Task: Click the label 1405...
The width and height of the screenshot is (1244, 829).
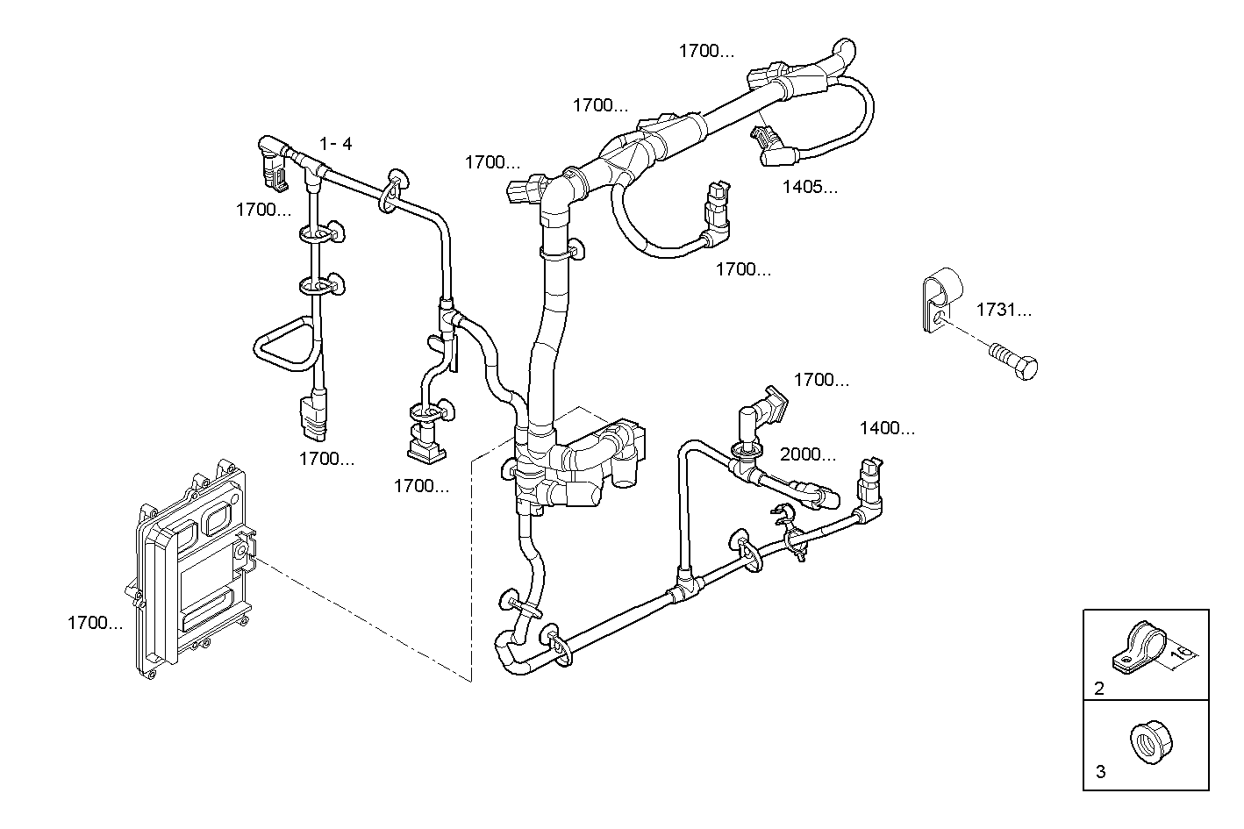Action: tap(809, 187)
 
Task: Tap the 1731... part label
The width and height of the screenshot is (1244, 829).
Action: tap(1004, 310)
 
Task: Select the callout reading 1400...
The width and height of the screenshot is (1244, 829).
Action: tap(886, 428)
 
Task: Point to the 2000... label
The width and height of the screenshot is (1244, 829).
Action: tap(807, 454)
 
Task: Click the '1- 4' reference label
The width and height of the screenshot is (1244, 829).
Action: tap(335, 143)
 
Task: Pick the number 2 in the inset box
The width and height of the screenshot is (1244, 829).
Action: tap(1099, 689)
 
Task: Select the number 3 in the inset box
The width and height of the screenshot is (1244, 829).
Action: tap(1100, 772)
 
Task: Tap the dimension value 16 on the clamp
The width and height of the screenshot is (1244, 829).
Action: tap(1183, 653)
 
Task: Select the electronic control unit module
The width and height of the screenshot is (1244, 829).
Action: tap(189, 570)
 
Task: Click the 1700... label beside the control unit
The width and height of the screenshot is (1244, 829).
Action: tap(95, 623)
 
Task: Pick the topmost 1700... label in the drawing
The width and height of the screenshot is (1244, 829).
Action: tap(706, 51)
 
